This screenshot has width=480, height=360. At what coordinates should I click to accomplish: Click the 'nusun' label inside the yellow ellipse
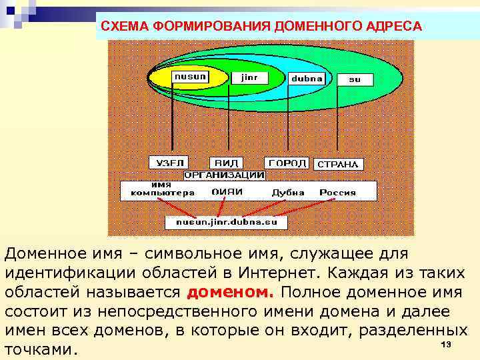[190, 77]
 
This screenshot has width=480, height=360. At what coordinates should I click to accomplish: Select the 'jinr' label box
[249, 77]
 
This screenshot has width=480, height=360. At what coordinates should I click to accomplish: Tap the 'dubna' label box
[307, 78]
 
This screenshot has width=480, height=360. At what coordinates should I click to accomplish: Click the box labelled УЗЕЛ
[167, 163]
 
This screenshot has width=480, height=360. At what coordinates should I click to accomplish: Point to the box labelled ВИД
[226, 163]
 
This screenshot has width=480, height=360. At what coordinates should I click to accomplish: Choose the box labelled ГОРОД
[287, 163]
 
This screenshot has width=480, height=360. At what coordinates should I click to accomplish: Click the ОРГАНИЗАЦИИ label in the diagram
[225, 175]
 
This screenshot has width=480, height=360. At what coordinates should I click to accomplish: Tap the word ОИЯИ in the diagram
[227, 192]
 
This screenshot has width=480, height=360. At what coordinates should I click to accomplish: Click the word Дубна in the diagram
[288, 193]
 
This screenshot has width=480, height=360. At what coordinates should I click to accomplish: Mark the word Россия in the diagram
[337, 193]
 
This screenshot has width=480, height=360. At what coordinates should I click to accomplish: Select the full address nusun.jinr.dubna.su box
[226, 221]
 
